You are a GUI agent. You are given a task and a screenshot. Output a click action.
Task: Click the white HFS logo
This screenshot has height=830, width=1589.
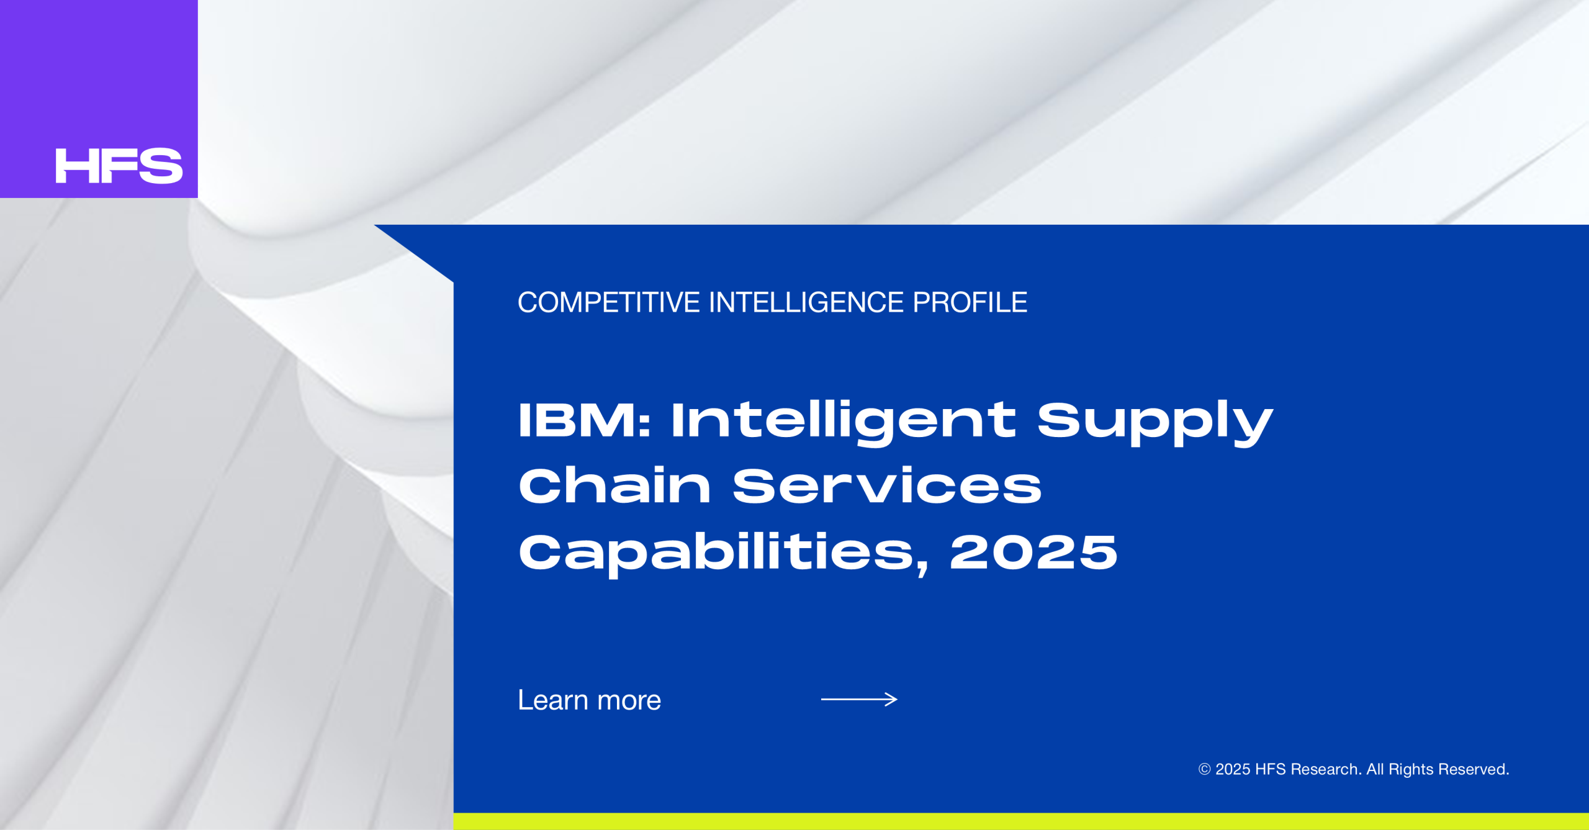click(x=119, y=166)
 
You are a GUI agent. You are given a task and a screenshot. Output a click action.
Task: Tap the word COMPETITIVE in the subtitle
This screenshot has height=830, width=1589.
click(x=609, y=302)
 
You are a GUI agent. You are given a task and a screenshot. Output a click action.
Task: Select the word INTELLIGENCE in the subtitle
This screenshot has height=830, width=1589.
click(x=806, y=302)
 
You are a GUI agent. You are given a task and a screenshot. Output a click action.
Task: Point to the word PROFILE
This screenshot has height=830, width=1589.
click(x=970, y=302)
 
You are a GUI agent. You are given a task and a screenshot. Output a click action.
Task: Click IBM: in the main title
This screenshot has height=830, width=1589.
click(x=584, y=420)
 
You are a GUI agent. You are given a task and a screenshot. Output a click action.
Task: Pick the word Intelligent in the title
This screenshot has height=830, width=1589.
click(x=844, y=423)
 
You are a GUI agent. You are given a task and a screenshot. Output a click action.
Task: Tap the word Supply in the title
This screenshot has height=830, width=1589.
click(x=1155, y=423)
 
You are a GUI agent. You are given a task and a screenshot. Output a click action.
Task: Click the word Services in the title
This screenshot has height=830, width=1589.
click(x=887, y=486)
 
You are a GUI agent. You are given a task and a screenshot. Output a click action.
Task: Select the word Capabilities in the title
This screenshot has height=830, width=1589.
click(x=724, y=553)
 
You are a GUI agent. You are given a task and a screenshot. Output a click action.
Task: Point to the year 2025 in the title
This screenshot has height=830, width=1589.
click(x=1034, y=552)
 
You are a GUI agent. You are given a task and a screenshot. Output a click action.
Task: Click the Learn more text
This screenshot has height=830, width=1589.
click(x=590, y=700)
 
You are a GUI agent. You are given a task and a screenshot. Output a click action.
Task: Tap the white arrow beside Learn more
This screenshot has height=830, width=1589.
click(x=859, y=700)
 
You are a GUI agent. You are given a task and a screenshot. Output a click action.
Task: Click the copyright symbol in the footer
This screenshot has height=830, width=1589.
click(x=1204, y=769)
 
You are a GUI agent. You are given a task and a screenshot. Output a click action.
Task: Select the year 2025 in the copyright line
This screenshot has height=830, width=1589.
click(x=1233, y=769)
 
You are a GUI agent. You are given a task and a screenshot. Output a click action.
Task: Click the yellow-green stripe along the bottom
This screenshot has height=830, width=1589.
click(x=1021, y=821)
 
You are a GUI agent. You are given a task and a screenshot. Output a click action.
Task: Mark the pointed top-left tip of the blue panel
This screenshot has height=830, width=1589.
click(x=374, y=225)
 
